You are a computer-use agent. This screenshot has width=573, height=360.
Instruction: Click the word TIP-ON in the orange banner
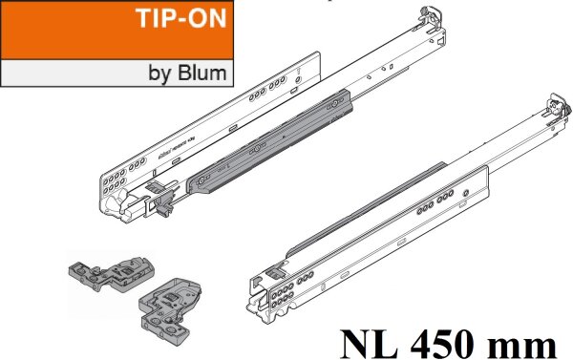click(179, 22)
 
